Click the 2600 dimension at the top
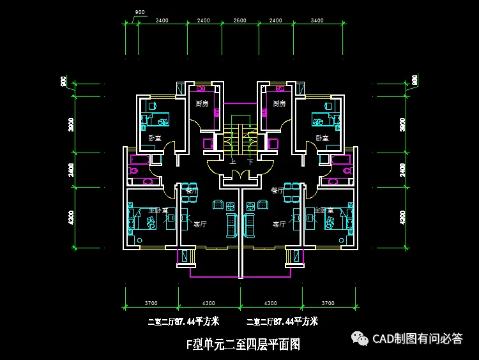[240, 21]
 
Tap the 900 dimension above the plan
[141, 13]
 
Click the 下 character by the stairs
[250, 163]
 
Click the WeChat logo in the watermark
[361, 338]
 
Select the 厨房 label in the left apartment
[202, 103]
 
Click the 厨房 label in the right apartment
[278, 103]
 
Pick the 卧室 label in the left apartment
[155, 138]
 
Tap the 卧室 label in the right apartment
[322, 138]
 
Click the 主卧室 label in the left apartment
[158, 210]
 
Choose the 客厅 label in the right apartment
[279, 224]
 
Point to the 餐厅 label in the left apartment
[192, 191]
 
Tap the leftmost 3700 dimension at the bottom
[151, 303]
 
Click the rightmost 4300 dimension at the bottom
[271, 303]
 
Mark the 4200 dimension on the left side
[71, 217]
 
